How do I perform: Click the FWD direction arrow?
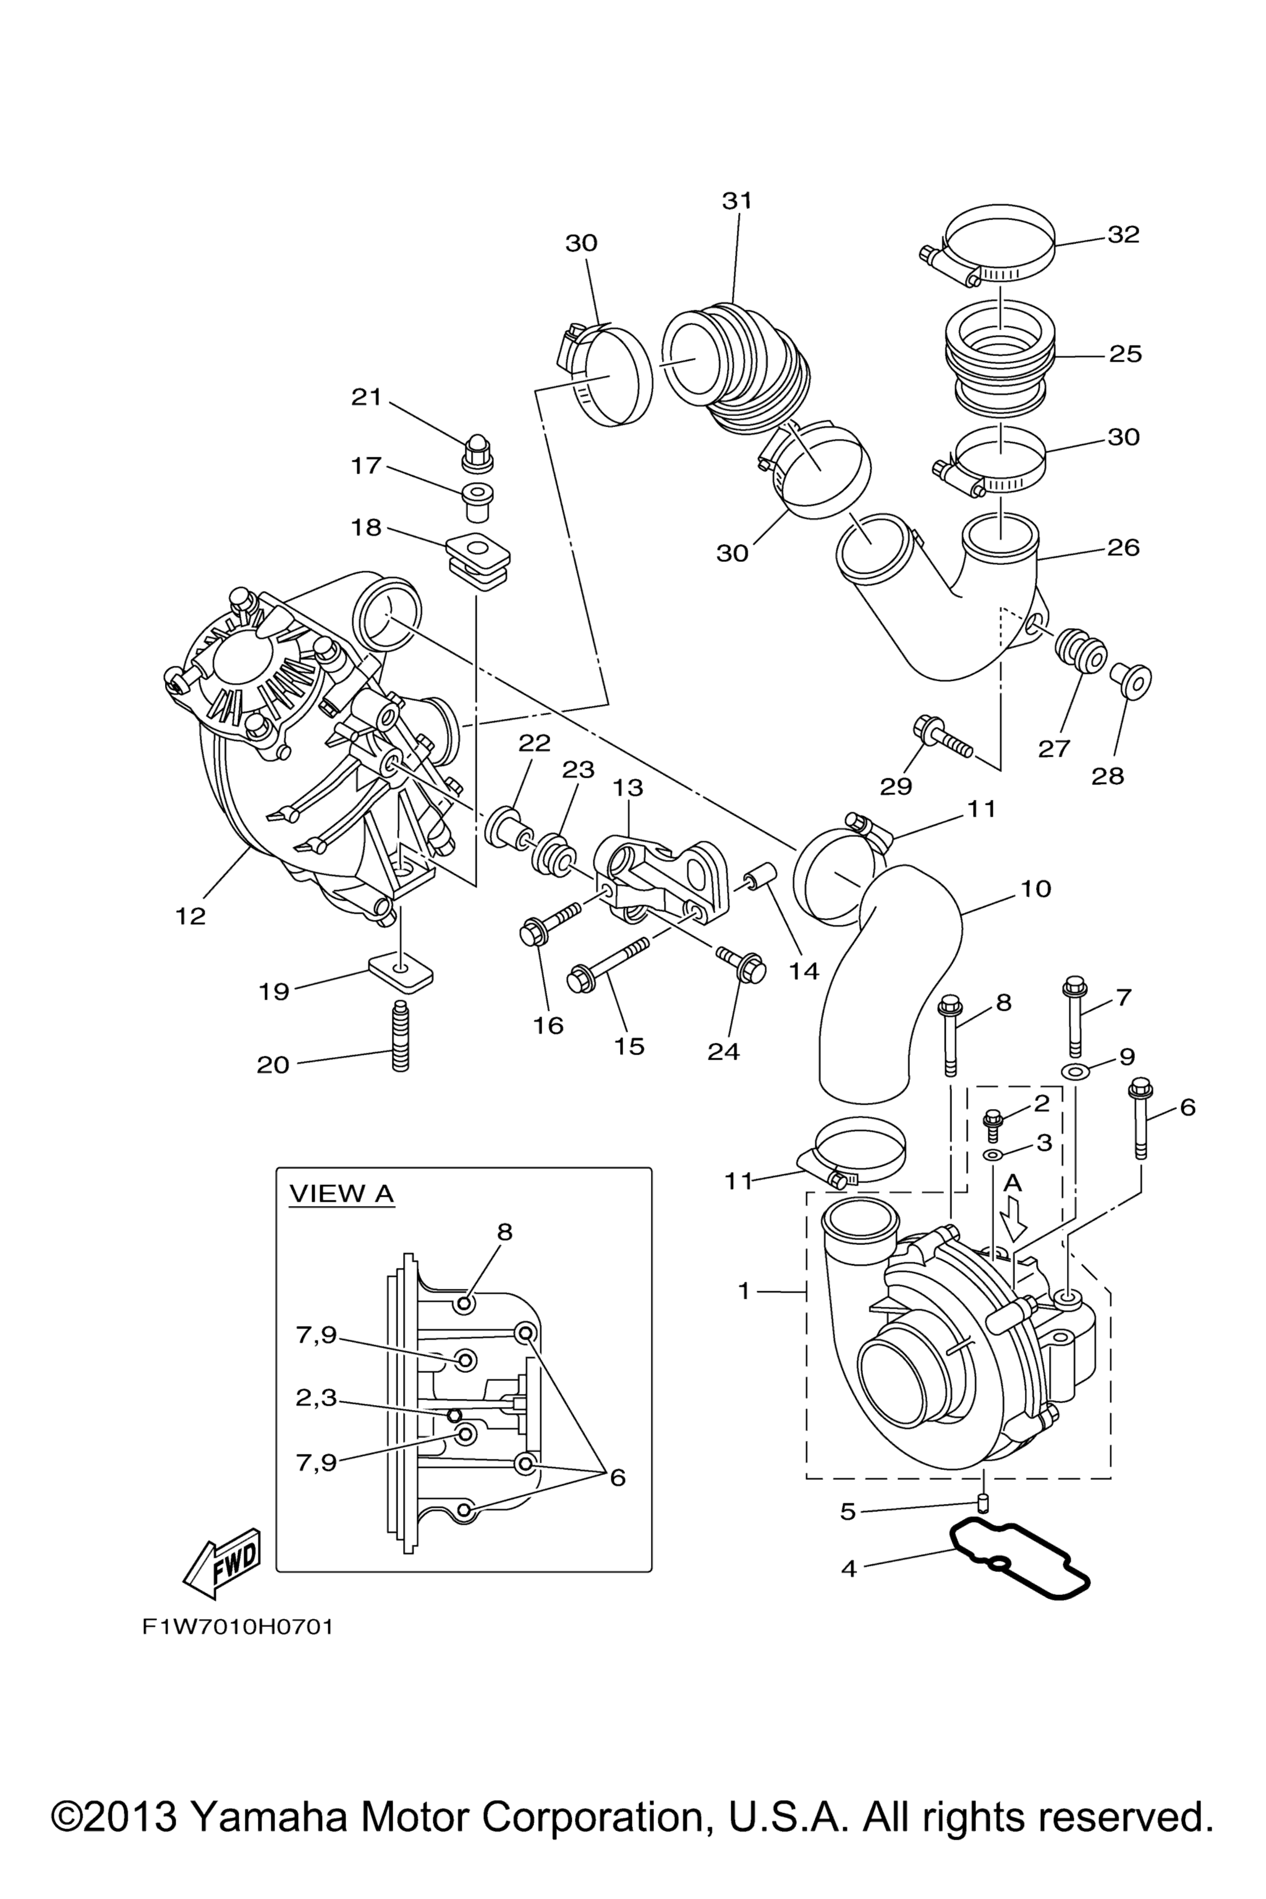tap(222, 1564)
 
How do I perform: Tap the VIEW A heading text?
tap(341, 1193)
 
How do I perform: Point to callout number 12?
tap(190, 916)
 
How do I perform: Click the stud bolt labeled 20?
tap(401, 1047)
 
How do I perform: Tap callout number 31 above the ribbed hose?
tap(736, 201)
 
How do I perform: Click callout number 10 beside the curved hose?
tap(1036, 889)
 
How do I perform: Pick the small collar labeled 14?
tap(760, 878)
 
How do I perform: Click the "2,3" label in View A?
tap(316, 1398)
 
